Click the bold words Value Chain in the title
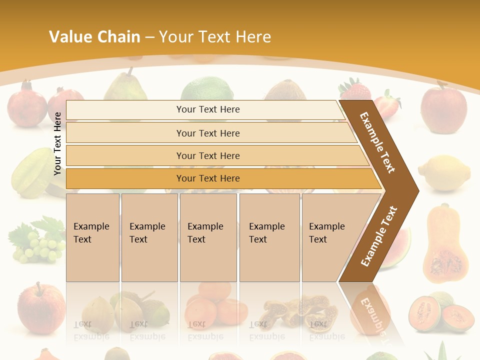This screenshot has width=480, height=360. [x=94, y=37]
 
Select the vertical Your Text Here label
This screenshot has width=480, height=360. [x=57, y=143]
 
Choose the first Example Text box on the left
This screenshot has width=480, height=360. [x=92, y=237]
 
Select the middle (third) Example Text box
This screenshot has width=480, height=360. [x=208, y=237]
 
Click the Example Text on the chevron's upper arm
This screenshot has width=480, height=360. [x=377, y=142]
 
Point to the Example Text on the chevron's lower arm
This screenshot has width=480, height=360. [x=378, y=236]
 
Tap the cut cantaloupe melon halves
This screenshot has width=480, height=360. [x=440, y=312]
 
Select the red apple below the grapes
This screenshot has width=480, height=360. [x=42, y=307]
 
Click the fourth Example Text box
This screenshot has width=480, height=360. [x=269, y=237]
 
